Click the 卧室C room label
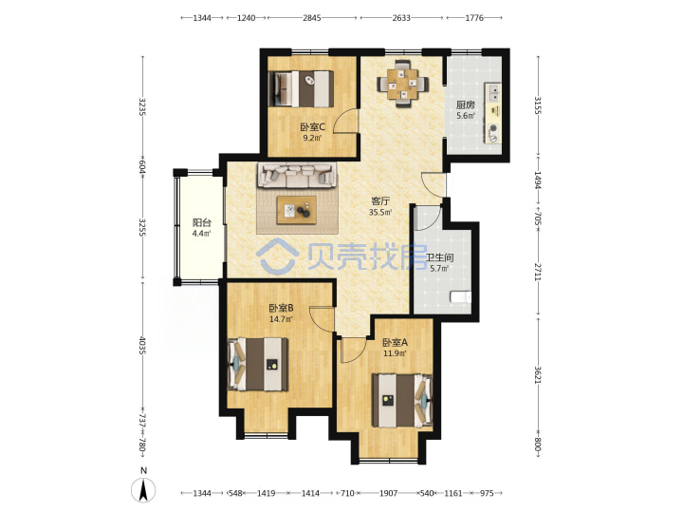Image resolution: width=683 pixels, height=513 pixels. click(312, 127)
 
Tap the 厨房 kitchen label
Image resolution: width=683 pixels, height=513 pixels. click(465, 104)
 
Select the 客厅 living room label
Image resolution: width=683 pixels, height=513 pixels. click(380, 201)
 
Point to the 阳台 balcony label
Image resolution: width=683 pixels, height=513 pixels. click(202, 222)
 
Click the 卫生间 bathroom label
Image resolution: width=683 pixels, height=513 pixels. click(439, 257)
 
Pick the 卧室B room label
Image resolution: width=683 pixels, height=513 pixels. click(281, 308)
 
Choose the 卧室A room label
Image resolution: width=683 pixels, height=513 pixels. click(395, 342)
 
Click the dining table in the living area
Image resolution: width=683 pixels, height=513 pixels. click(402, 84)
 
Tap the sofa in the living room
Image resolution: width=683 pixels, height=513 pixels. click(297, 175)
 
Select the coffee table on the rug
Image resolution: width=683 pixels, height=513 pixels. click(297, 210)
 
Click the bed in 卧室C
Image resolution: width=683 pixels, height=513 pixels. click(302, 89)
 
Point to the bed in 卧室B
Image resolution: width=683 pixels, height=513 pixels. click(258, 364)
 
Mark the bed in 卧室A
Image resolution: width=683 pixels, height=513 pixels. click(402, 400)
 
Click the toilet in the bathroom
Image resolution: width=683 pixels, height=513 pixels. click(461, 297)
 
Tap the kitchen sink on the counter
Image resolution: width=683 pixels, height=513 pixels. click(494, 93)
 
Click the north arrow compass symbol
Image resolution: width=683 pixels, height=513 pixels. click(143, 490)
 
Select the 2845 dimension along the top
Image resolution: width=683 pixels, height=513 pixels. click(312, 18)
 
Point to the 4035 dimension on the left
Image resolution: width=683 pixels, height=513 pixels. click(142, 345)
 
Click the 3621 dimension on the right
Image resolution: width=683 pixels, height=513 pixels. click(538, 374)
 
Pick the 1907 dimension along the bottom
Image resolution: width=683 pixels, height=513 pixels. click(388, 493)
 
